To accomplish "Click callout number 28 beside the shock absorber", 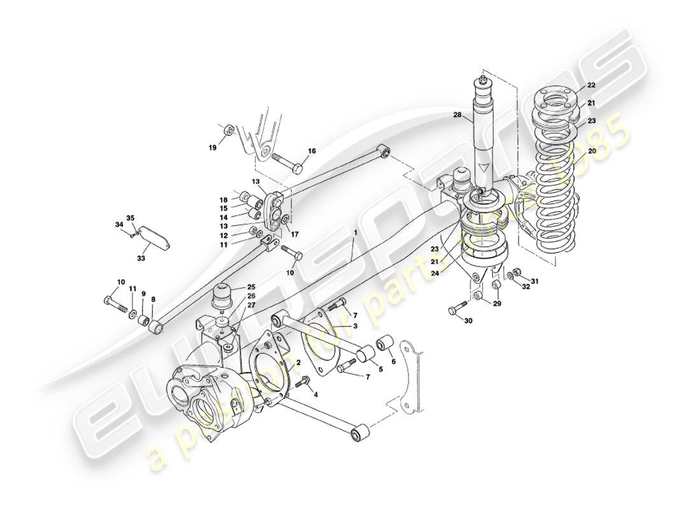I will (457, 115).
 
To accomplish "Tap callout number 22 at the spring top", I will (591, 85).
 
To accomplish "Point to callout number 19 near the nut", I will (213, 148).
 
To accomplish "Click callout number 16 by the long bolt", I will (312, 151).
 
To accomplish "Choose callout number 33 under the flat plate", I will (141, 258).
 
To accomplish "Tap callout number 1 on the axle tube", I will (356, 234).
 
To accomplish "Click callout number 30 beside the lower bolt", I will (468, 321).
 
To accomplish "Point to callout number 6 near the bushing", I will (393, 361).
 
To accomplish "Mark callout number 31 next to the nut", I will (535, 282).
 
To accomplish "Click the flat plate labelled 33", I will (153, 239).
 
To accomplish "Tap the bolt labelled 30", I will (454, 310).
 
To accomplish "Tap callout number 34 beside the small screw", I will (118, 225).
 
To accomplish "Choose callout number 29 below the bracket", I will (498, 304).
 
